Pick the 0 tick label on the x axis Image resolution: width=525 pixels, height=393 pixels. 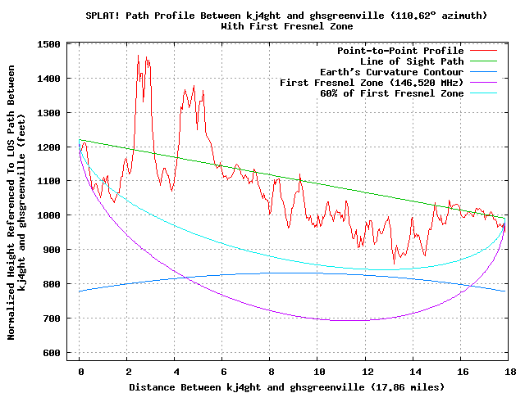tap(80, 371)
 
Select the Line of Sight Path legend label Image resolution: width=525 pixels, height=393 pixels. tap(412, 61)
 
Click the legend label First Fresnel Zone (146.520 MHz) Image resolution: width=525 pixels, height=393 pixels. tap(372, 83)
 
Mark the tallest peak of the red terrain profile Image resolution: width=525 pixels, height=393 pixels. tap(139, 56)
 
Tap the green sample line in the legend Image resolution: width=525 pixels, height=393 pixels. tap(484, 61)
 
